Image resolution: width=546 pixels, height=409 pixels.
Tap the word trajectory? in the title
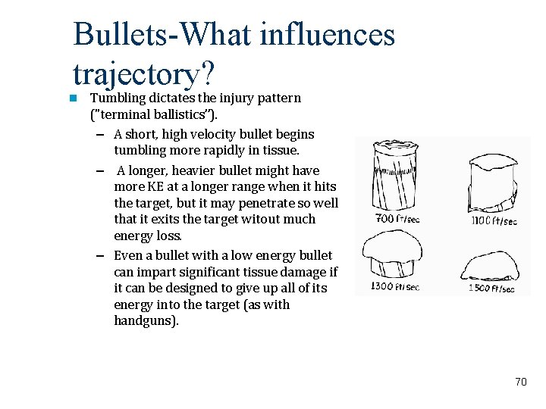coord(145,73)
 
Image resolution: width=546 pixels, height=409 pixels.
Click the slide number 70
coord(520,382)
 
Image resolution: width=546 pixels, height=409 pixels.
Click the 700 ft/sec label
coord(397,219)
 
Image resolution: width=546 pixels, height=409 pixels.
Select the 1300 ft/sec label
coord(394,286)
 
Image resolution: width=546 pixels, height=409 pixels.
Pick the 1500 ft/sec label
coord(491,288)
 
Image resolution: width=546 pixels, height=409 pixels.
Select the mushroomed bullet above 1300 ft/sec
coord(393,254)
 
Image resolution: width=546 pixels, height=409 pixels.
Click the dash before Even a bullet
coord(101,256)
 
